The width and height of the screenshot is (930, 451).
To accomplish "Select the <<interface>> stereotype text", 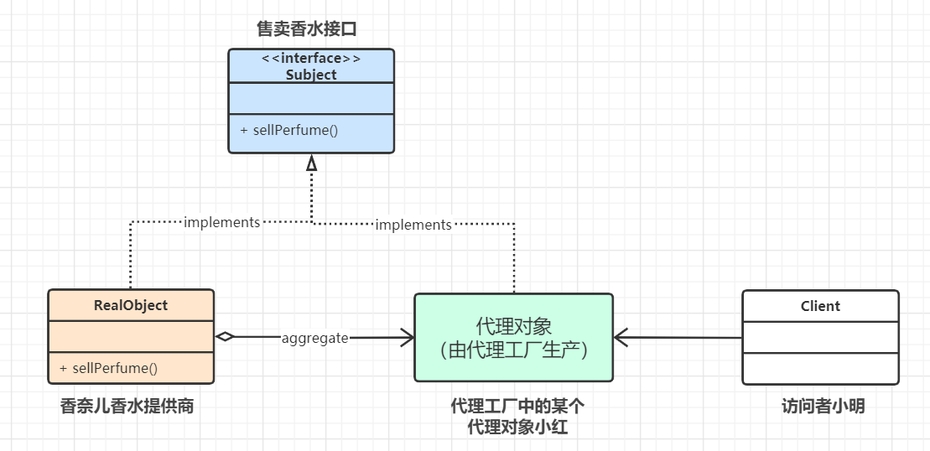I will (311, 59).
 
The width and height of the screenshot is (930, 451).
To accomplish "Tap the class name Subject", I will (311, 75).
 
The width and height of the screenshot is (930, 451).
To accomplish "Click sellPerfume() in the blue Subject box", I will (288, 131).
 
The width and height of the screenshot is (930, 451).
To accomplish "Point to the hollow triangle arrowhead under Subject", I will (312, 163).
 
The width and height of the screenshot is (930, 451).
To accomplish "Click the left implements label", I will (221, 222).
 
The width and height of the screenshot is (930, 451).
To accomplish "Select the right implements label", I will (413, 225).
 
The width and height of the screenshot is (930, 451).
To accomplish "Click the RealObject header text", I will (131, 305).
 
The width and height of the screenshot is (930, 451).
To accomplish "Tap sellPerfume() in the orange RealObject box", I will (108, 368).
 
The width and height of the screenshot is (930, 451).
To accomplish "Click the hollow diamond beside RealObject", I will (225, 337).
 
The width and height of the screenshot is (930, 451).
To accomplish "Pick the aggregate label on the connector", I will (314, 338).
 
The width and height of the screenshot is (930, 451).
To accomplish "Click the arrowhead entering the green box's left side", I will (408, 338).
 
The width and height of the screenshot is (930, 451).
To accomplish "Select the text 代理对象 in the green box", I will (513, 325).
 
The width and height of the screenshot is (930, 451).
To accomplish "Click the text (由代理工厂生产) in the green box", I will (513, 350).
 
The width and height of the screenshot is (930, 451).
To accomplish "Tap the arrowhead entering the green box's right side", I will (621, 338).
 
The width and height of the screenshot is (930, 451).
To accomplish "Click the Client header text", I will (820, 306).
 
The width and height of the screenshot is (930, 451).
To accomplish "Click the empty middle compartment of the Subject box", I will (311, 98).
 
